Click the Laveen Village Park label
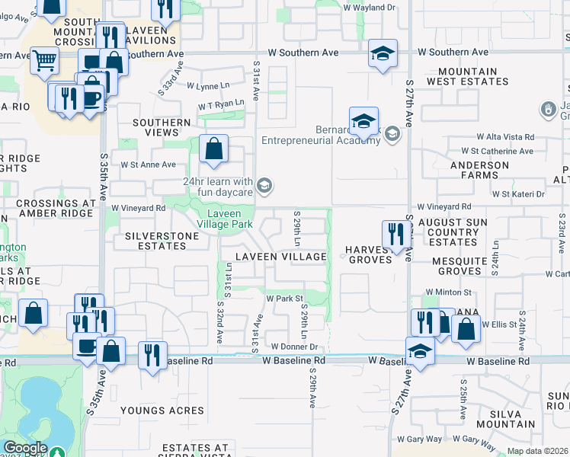pos(225,219)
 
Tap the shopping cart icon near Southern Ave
pos(45,60)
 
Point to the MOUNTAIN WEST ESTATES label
pos(462,76)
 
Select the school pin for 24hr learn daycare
pos(264,185)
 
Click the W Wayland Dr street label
pos(370,7)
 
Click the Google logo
pos(25,448)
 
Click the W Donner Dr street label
pos(294,347)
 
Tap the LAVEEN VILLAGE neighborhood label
pos(280,257)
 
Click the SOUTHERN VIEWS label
pos(162,127)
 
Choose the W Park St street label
pos(284,299)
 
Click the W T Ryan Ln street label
pos(221,104)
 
